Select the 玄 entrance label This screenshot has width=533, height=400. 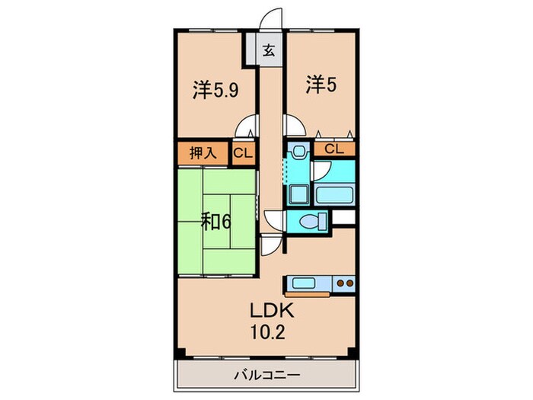click(269, 51)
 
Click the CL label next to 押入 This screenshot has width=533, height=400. click(243, 153)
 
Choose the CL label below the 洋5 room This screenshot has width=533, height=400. click(334, 149)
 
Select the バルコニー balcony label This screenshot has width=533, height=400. click(266, 375)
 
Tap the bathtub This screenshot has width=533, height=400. click(334, 193)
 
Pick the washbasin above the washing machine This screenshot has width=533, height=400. click(298, 152)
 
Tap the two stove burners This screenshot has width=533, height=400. click(346, 284)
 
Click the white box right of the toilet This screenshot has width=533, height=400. click(344, 219)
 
